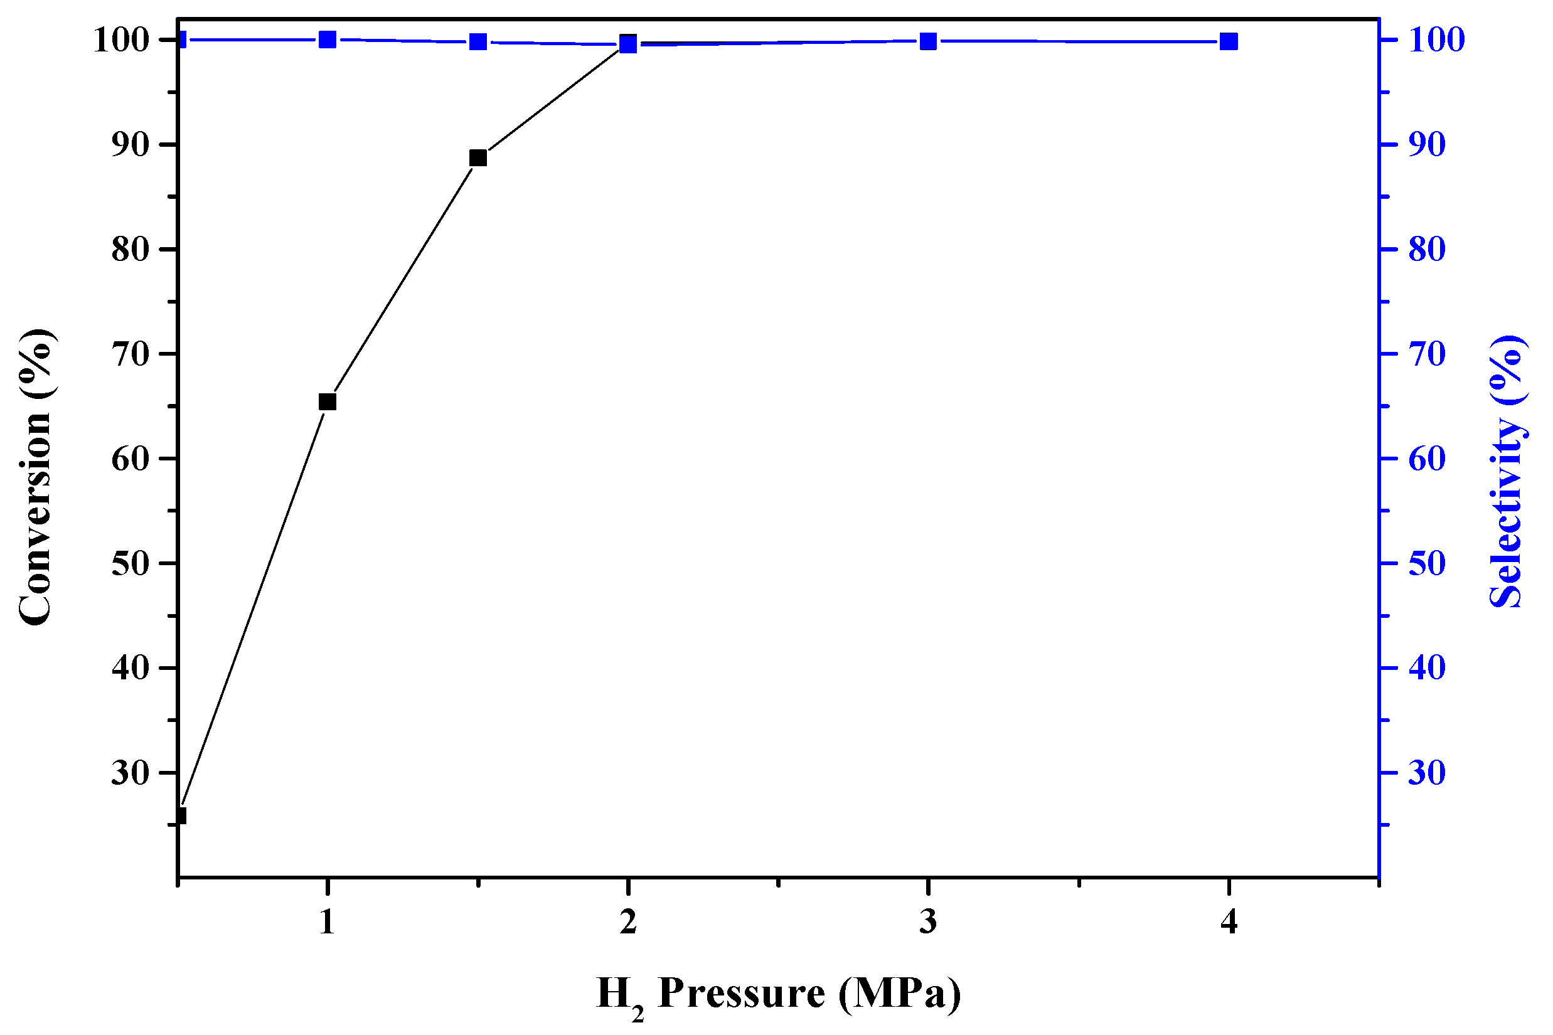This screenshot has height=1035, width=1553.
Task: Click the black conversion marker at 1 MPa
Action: click(328, 402)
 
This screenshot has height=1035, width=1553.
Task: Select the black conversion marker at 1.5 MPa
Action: click(478, 157)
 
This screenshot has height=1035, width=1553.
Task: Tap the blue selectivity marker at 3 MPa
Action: click(929, 41)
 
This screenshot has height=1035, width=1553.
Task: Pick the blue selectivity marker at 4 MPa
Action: click(1229, 41)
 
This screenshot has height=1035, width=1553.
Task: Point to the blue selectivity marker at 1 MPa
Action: click(328, 40)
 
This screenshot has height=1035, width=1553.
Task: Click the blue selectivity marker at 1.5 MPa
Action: click(478, 42)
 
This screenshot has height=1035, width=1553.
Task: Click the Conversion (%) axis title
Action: click(36, 476)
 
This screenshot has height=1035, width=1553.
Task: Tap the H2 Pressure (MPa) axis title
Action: click(779, 995)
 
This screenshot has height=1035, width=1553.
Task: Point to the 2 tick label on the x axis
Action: click(628, 921)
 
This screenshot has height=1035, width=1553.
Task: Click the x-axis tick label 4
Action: click(1229, 921)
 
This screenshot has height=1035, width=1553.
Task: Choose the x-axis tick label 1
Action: click(328, 921)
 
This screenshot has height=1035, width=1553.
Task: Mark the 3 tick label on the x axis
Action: click(929, 921)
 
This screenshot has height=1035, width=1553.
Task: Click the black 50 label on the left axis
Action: click(131, 563)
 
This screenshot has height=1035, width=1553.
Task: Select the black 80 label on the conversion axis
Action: click(131, 250)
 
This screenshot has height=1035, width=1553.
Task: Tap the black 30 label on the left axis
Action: click(131, 772)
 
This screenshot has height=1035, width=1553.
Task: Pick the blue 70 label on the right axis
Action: click(1427, 354)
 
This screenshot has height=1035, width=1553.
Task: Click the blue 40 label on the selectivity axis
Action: click(1427, 668)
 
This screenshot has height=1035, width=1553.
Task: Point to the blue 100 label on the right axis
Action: click(1437, 40)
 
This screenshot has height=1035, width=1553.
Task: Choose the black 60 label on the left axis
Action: click(131, 459)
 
